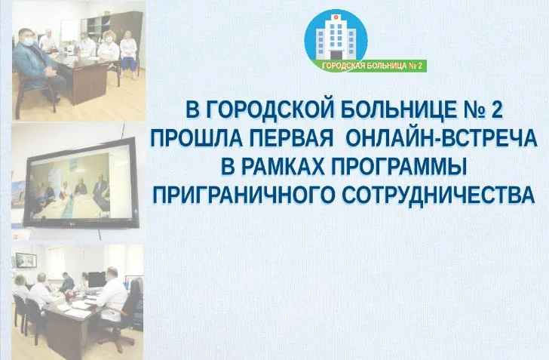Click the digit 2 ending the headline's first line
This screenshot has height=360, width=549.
pyautogui.click(x=496, y=112)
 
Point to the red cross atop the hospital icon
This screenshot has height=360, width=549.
pyautogui.click(x=336, y=14)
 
